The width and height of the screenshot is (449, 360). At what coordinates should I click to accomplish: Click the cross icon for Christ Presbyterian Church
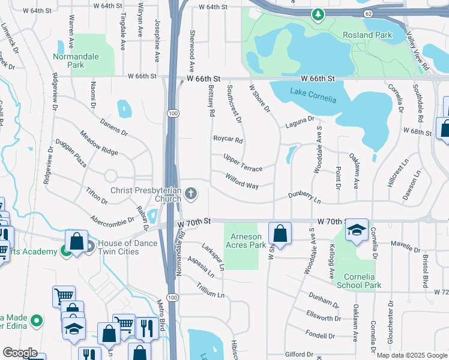click(x=190, y=193)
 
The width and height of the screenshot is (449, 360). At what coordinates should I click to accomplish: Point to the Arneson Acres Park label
click(x=246, y=241)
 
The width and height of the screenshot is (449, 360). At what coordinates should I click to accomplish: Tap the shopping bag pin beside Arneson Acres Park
click(x=280, y=232)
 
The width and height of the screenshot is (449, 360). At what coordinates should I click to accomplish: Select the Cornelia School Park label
click(x=359, y=281)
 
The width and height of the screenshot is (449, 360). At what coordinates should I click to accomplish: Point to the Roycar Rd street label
click(x=228, y=140)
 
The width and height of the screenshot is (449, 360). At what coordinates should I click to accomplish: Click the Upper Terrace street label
click(x=243, y=162)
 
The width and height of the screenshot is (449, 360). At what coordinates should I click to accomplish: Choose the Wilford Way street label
click(x=242, y=181)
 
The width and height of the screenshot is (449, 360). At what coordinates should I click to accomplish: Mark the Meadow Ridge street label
click(x=99, y=143)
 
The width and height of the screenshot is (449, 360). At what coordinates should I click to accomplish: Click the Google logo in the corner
click(x=20, y=353)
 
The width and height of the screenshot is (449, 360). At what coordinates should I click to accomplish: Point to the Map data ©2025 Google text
click(x=412, y=355)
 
